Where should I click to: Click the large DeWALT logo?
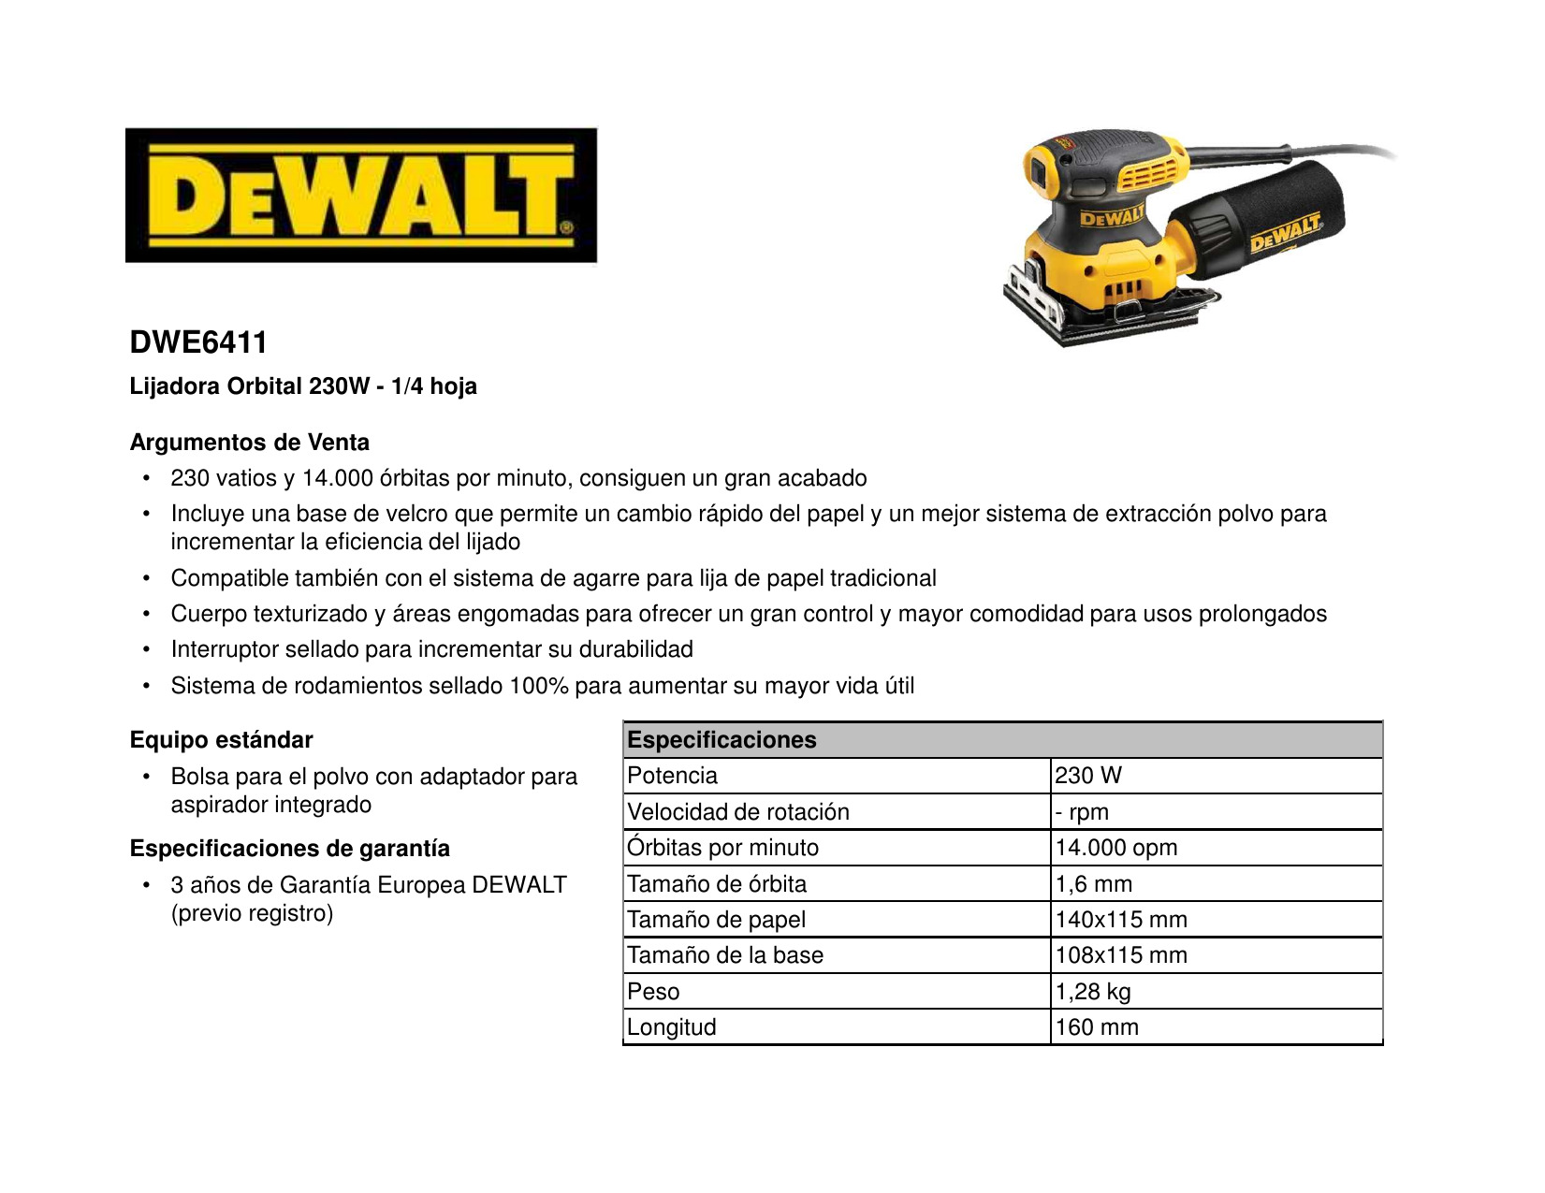[361, 196]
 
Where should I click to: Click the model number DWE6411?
[198, 342]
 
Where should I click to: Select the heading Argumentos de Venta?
[249, 443]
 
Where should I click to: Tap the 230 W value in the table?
[1087, 776]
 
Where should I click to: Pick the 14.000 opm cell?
[1115, 848]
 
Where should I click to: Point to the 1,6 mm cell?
[1093, 884]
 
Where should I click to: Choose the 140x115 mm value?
[1120, 920]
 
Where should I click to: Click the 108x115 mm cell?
[1120, 955]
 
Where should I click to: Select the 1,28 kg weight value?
[1092, 992]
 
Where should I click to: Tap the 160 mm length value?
[1096, 1027]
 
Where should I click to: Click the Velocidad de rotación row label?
[737, 812]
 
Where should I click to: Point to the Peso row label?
[653, 992]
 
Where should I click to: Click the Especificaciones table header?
[721, 740]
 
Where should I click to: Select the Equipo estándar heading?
[221, 740]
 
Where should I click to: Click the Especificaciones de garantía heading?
[289, 849]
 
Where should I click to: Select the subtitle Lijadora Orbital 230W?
[250, 386]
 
